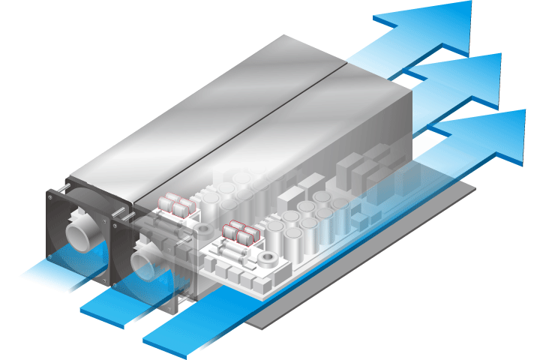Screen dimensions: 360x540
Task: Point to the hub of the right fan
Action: pos(145,259)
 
